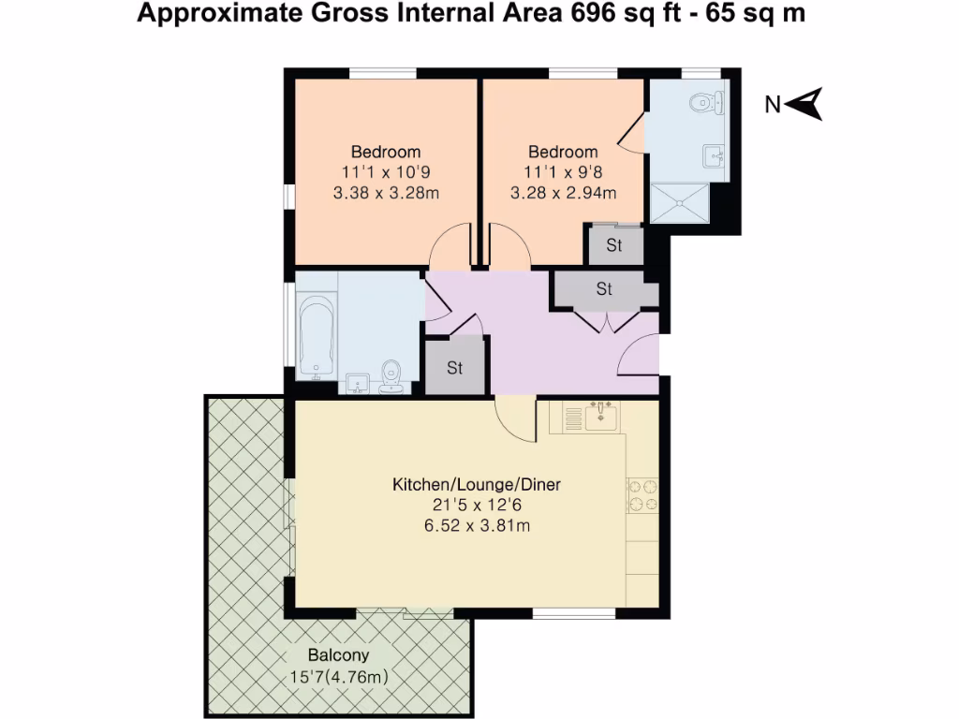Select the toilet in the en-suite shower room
coord(707,100)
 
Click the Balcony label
coord(338,655)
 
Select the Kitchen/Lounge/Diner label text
coord(476,485)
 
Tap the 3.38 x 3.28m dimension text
coord(386,194)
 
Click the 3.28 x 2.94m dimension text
coord(563,194)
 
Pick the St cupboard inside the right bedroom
coord(614,246)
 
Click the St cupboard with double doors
coord(604,289)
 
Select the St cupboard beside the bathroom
coord(454,367)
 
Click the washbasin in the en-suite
coord(716,155)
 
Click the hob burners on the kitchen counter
coord(642,495)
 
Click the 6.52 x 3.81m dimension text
coord(476,526)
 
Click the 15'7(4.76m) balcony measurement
coord(338,677)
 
